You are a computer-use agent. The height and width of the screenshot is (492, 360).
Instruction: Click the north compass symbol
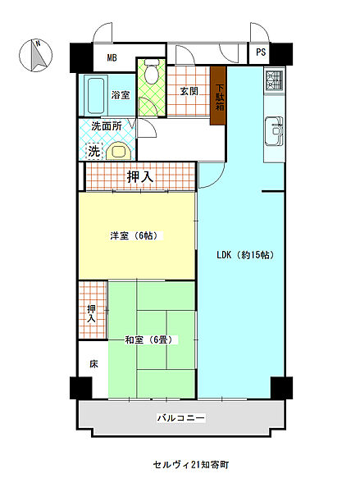pyautogui.click(x=35, y=55)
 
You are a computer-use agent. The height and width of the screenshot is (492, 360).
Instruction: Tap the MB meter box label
pyautogui.click(x=112, y=57)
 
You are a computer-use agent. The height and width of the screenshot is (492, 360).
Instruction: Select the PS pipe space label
pyautogui.click(x=261, y=52)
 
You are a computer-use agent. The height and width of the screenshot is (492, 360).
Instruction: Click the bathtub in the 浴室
pyautogui.click(x=96, y=95)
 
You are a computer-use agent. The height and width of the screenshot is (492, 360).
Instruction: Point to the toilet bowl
pyautogui.click(x=151, y=71)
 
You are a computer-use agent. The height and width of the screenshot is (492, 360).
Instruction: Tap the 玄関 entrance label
pyautogui.click(x=189, y=91)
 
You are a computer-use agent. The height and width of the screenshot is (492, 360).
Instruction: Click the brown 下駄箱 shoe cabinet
pyautogui.click(x=218, y=96)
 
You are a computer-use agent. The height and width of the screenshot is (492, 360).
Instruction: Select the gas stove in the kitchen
pyautogui.click(x=275, y=80)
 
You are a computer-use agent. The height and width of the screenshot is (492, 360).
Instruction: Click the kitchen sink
pyautogui.click(x=275, y=131)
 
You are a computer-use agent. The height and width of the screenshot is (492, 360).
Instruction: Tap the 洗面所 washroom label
pyautogui.click(x=107, y=126)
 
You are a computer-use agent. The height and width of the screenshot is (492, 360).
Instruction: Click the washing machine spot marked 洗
pyautogui.click(x=94, y=151)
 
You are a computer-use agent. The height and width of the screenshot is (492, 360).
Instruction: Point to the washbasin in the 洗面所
pyautogui.click(x=119, y=151)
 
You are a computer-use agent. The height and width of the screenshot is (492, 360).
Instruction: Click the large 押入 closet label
pyautogui.click(x=140, y=177)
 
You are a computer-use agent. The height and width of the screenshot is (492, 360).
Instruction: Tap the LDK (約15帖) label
pyautogui.click(x=245, y=255)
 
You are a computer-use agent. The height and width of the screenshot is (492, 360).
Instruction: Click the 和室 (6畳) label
pyautogui.click(x=148, y=339)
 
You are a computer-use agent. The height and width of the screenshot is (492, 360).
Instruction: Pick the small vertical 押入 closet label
pyautogui.click(x=91, y=314)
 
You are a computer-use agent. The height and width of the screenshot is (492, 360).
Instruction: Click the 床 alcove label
pyautogui.click(x=93, y=364)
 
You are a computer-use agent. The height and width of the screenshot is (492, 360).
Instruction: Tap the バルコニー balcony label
pyautogui.click(x=180, y=418)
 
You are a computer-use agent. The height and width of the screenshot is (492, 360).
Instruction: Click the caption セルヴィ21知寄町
pyautogui.click(x=191, y=465)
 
